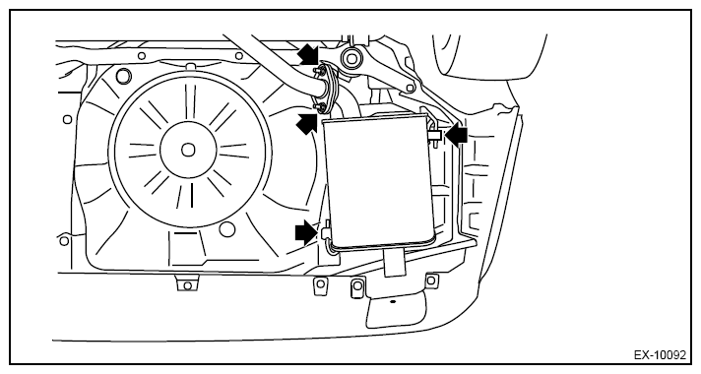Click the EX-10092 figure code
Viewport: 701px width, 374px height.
click(660, 355)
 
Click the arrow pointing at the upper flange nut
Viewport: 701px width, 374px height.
click(307, 54)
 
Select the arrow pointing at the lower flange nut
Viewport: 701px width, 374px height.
click(307, 123)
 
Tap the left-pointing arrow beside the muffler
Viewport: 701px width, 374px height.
click(456, 135)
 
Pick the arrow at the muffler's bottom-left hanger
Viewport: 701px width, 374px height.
click(306, 232)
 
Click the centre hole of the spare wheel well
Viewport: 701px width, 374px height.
click(188, 150)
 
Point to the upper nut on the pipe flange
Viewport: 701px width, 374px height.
click(320, 71)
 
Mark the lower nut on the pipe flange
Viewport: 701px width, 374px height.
click(319, 106)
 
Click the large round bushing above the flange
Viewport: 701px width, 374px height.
click(350, 58)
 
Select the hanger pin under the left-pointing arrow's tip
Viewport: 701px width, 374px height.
click(434, 136)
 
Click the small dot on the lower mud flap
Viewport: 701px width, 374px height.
click(393, 301)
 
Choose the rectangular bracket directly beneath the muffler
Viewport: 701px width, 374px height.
click(395, 262)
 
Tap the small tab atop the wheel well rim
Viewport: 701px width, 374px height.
click(190, 67)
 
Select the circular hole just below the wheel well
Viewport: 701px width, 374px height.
click(227, 229)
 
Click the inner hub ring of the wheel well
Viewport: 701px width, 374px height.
click(188, 150)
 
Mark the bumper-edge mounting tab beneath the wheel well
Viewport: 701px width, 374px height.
click(187, 283)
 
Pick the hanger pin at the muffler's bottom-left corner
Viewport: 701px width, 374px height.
click(326, 232)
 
